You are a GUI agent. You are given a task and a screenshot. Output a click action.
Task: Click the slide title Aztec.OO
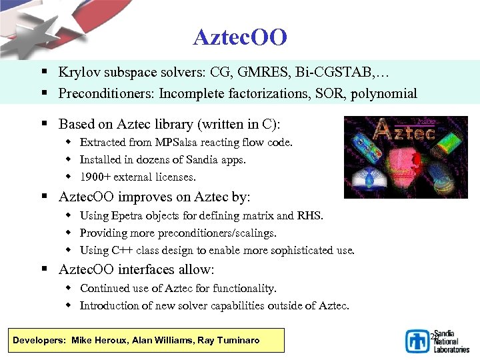(240, 37)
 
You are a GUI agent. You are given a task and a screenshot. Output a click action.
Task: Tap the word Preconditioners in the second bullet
(105, 93)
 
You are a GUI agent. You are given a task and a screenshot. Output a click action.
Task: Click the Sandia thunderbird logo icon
(418, 341)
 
